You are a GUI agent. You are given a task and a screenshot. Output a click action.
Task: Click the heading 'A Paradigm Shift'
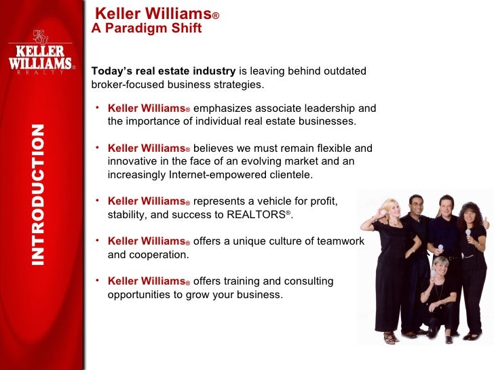[147, 28]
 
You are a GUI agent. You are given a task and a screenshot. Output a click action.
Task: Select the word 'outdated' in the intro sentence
[343, 71]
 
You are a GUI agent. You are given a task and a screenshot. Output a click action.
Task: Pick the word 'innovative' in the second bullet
[132, 161]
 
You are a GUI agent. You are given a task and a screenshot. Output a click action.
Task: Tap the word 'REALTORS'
[262, 215]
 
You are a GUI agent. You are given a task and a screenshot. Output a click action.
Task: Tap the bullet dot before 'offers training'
[98, 280]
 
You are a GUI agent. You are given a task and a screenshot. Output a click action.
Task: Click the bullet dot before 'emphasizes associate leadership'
[98, 107]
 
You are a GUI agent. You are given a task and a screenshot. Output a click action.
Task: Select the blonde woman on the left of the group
[392, 258]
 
